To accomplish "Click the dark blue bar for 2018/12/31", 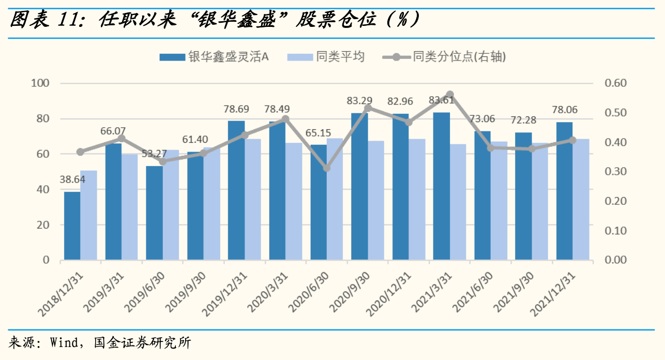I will pos(72,226).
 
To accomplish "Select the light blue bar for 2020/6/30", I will pos(335,199).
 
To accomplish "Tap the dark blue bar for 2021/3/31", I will pos(441,186).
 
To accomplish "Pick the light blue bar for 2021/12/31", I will pos(581,199).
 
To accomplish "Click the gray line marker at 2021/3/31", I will pos(449,95).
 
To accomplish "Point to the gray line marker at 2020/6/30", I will pos(326,168).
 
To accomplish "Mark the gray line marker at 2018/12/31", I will pos(80,152).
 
